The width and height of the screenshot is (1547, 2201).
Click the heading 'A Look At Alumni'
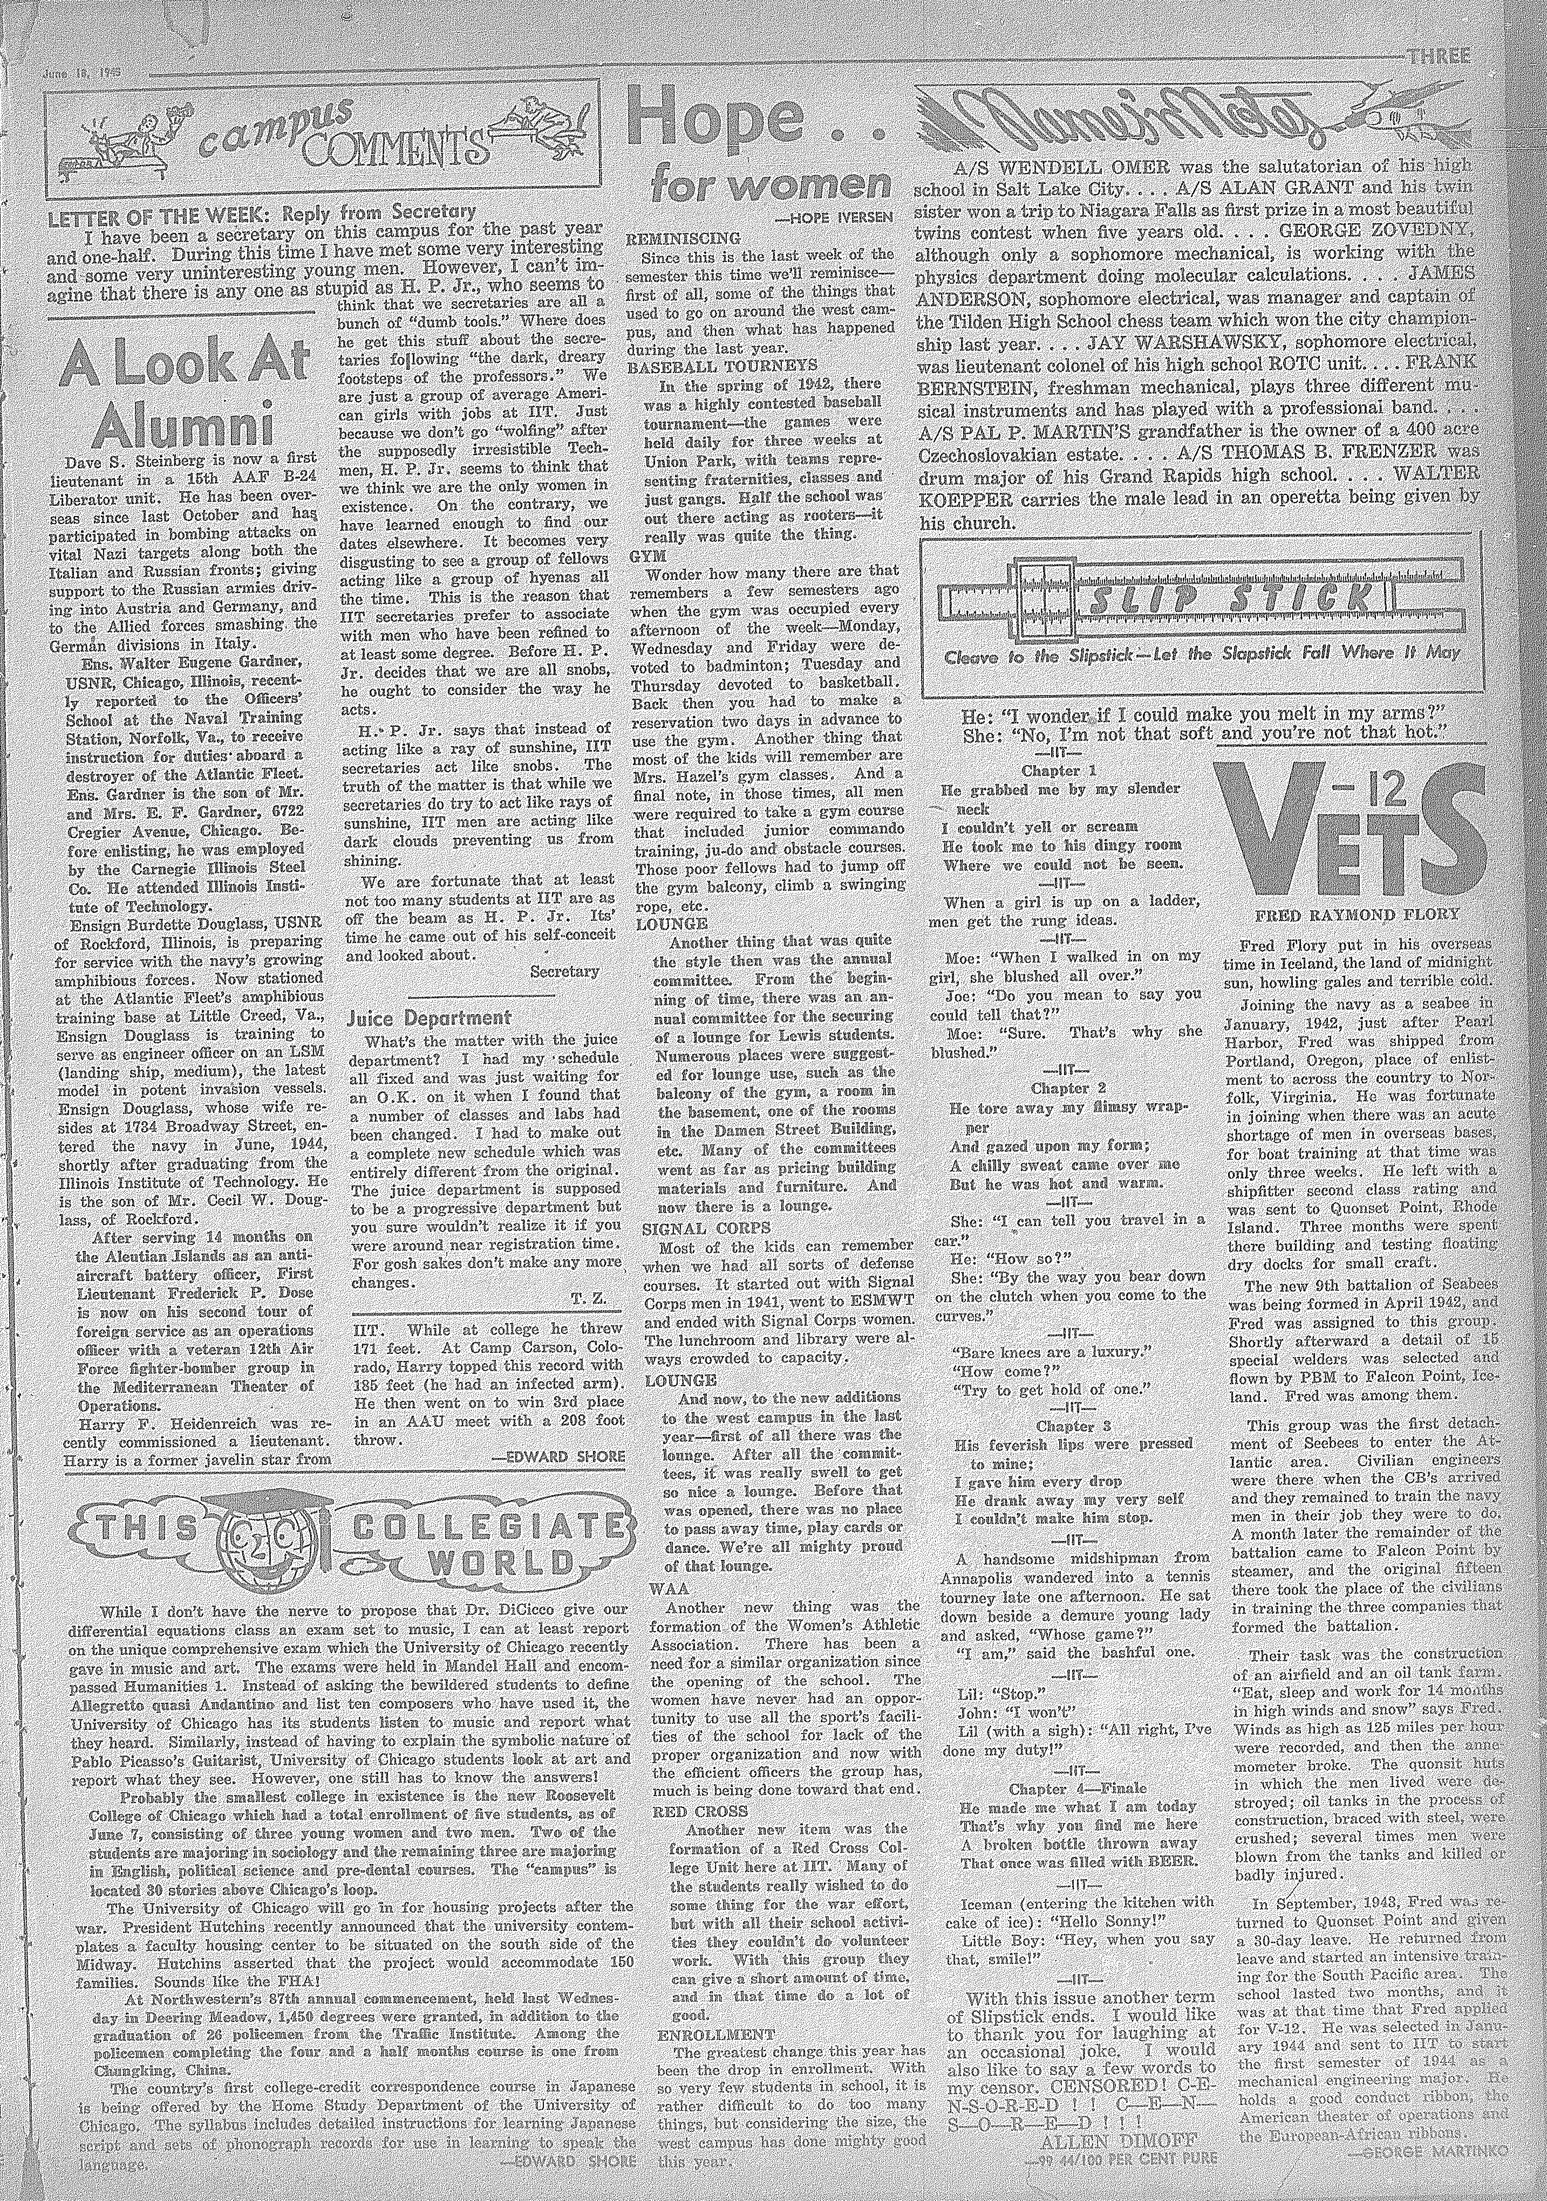tap(183, 388)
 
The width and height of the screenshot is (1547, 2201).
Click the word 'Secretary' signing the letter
tap(564, 971)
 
